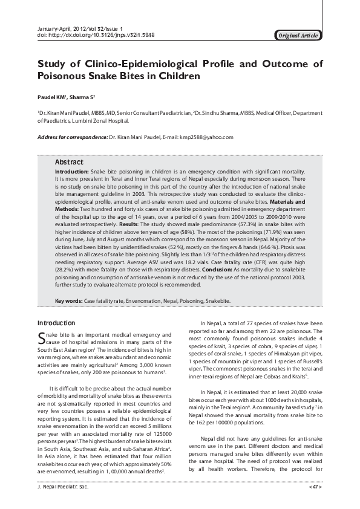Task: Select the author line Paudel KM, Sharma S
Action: (67, 96)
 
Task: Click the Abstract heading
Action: (69, 163)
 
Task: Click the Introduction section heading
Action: (56, 323)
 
